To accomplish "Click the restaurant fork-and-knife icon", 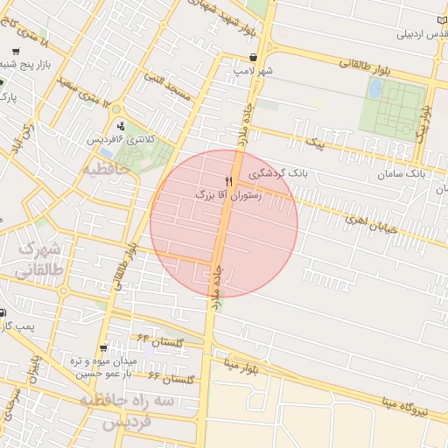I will click(x=229, y=180).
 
